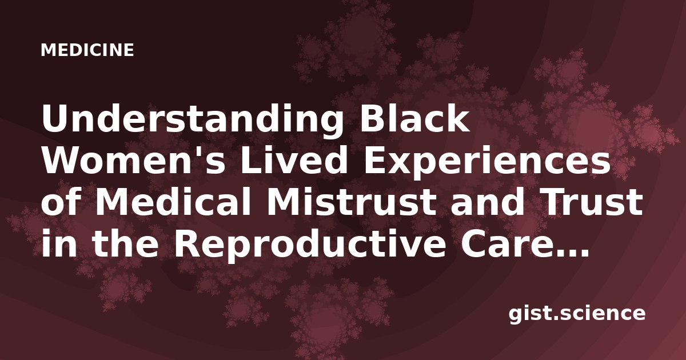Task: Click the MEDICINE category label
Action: click(x=87, y=50)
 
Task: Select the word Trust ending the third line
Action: click(x=593, y=203)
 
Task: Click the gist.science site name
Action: click(x=577, y=314)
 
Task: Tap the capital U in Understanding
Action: click(x=57, y=119)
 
